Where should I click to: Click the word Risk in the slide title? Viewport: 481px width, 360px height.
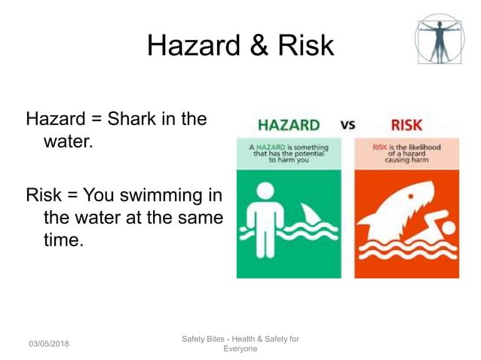click(x=304, y=46)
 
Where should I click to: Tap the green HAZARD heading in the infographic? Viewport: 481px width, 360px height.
click(x=288, y=125)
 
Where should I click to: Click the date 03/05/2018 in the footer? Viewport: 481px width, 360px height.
click(x=49, y=343)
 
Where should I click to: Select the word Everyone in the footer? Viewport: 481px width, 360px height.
click(x=240, y=349)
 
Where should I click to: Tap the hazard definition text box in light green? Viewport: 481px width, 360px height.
click(x=288, y=153)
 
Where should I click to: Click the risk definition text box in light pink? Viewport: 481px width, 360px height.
click(x=406, y=153)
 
